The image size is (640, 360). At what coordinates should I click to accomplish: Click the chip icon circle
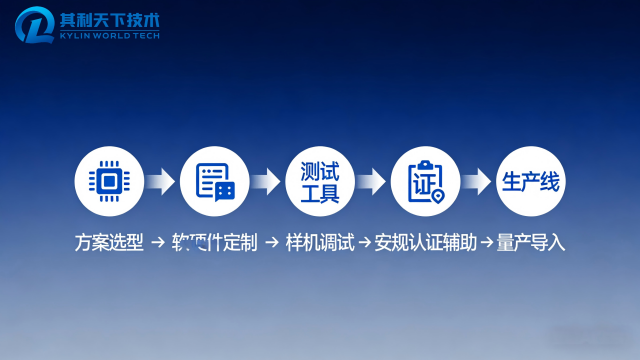coord(108,181)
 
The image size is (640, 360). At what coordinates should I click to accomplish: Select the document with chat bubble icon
coord(214,181)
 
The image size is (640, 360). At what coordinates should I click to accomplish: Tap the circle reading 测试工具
coord(320,181)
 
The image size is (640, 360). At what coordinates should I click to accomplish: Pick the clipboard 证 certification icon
coord(425,181)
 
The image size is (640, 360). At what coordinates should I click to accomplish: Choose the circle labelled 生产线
coord(531,181)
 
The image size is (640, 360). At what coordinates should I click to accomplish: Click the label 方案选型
coord(108,243)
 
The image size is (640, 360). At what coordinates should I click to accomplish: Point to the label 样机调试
coord(320,243)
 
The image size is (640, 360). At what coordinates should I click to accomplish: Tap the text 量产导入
coord(531,243)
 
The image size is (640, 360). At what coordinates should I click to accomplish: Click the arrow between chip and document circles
coord(160,181)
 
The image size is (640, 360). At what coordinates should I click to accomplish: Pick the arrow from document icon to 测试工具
coord(266,181)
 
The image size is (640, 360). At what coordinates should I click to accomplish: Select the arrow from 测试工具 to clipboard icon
coord(372,181)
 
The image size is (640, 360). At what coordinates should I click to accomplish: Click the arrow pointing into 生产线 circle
coord(478,181)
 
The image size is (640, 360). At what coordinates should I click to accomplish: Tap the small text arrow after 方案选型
coord(157,243)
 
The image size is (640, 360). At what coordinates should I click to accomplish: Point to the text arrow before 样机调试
coord(272,243)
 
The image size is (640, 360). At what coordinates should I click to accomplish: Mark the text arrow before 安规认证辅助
coord(365,243)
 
